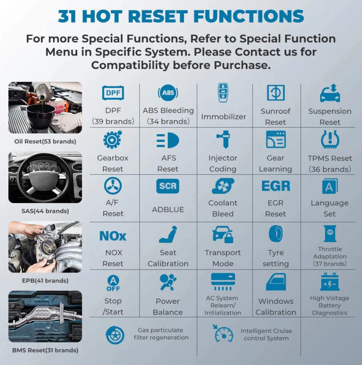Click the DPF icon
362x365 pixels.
(x=113, y=93)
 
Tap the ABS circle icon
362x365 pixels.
(x=168, y=93)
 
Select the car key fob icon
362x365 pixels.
(x=223, y=93)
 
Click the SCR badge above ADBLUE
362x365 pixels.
(x=168, y=186)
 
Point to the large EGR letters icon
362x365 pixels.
(x=276, y=186)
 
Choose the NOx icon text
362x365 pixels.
(x=113, y=236)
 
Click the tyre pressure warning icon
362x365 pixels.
(x=330, y=139)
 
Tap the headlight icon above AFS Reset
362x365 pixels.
(x=168, y=140)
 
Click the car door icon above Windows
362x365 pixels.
(x=276, y=282)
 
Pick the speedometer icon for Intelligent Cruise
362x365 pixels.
(x=223, y=334)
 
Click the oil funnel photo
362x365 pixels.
(x=45, y=107)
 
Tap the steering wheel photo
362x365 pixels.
(x=45, y=177)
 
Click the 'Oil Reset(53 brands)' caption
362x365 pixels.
(x=45, y=141)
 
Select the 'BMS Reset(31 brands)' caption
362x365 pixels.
(x=45, y=350)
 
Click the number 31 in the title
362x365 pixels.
(x=67, y=16)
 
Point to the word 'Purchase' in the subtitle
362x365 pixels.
(x=242, y=65)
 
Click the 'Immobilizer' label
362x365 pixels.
(x=223, y=117)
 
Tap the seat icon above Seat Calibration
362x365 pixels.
(x=168, y=234)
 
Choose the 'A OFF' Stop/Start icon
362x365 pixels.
(x=113, y=283)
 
